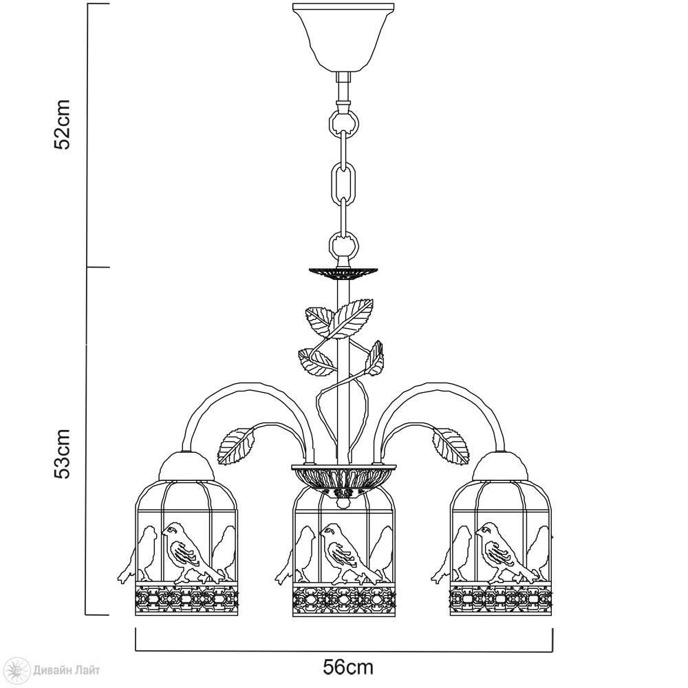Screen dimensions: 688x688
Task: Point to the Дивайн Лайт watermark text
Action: point(66,670)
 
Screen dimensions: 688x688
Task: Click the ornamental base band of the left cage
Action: point(186,599)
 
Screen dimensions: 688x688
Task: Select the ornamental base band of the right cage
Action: point(501,599)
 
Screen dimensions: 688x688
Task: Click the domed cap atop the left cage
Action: point(186,466)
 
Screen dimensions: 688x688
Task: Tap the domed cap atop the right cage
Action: point(501,466)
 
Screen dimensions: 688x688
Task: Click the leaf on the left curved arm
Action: point(236,447)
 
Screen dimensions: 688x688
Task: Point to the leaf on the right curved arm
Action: point(450,447)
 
